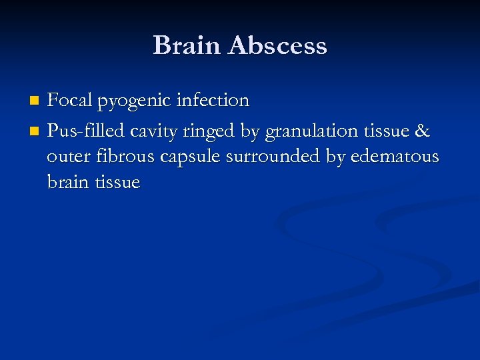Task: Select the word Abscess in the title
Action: click(277, 46)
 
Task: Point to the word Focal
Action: click(70, 101)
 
